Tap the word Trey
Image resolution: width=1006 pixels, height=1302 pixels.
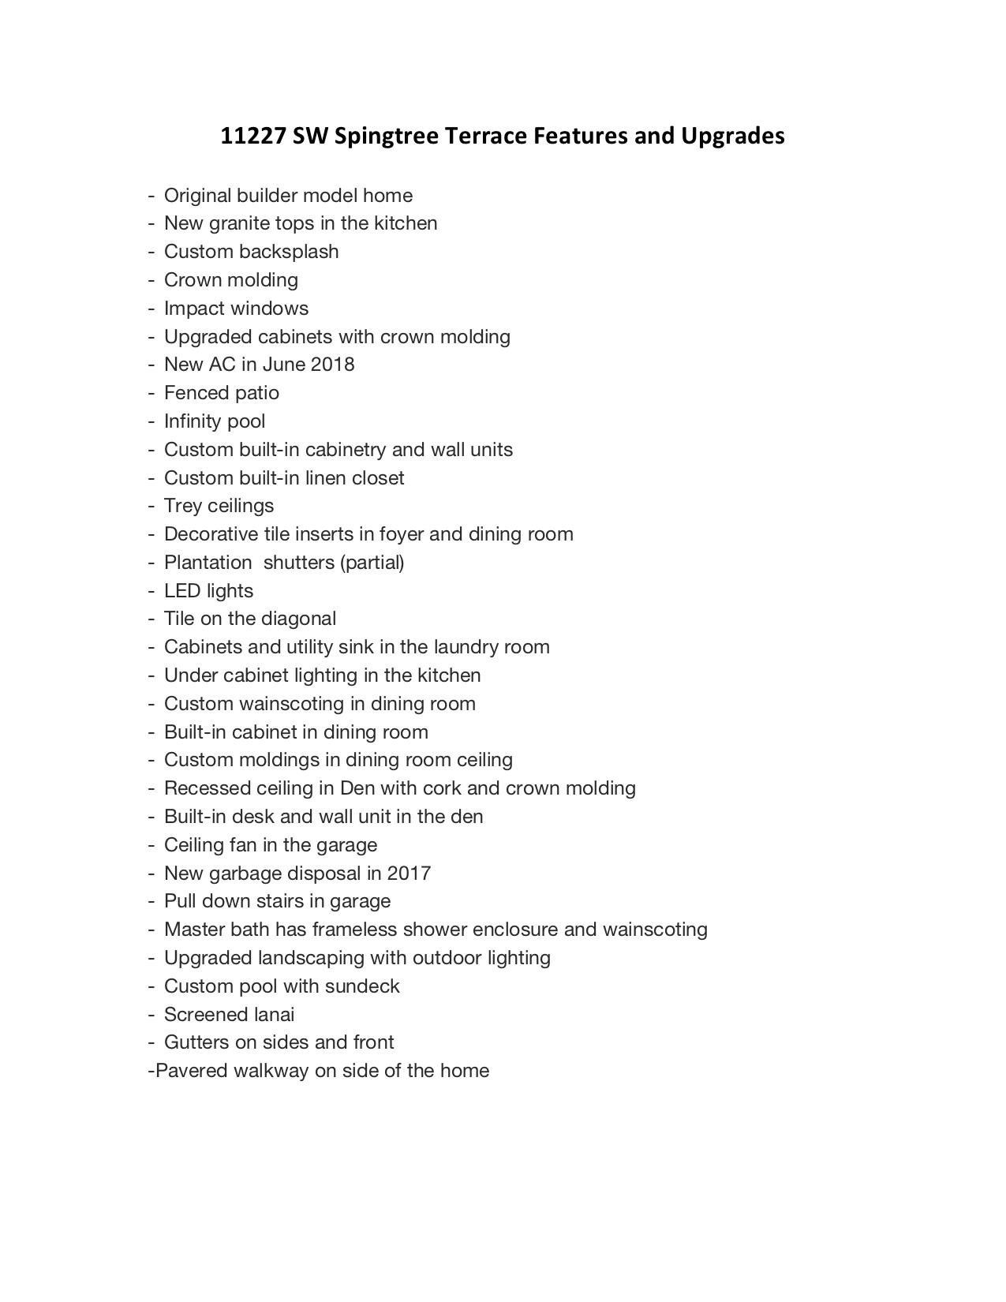click(182, 506)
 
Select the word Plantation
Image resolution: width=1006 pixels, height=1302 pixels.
click(208, 563)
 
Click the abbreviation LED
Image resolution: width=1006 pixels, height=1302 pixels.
click(182, 591)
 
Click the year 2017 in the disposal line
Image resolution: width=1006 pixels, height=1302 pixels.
click(409, 874)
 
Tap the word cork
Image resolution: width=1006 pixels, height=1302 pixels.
click(442, 788)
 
